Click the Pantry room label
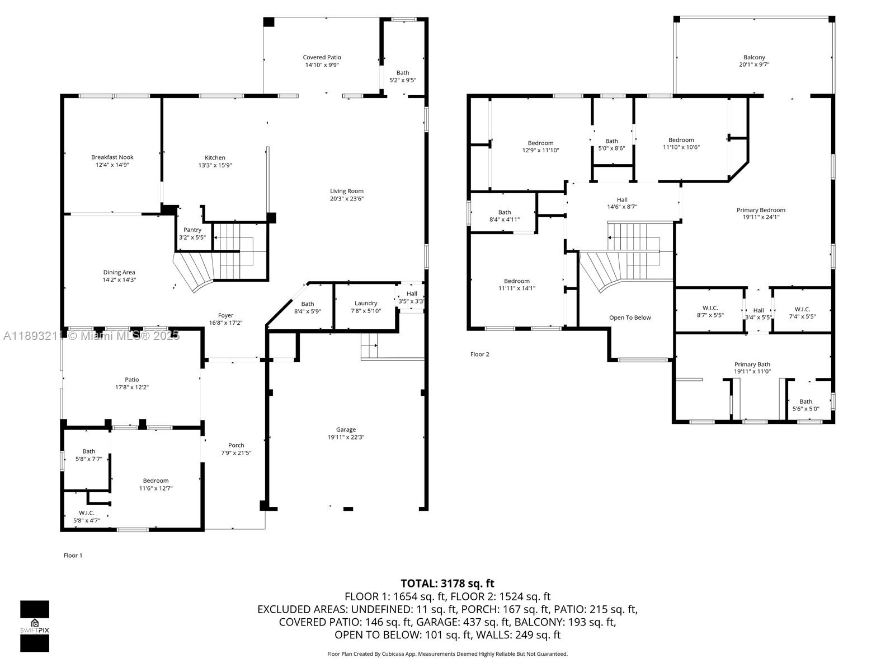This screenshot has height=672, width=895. coord(192,230)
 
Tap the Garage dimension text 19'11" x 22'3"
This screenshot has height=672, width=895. coord(346,437)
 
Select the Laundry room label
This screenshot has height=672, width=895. coord(366,304)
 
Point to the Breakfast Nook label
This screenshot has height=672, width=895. coord(112,157)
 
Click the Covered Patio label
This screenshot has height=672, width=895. coord(322,57)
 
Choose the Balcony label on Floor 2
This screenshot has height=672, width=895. coord(754,57)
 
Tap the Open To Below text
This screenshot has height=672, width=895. coord(630,318)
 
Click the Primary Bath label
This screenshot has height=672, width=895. coord(752,364)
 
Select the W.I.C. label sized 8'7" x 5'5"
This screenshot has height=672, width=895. coord(710,309)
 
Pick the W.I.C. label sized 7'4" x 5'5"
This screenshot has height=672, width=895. coord(802,309)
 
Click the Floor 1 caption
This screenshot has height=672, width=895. coord(73,556)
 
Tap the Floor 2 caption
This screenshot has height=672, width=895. coord(479,354)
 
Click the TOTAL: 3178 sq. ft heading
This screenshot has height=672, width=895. coord(447,584)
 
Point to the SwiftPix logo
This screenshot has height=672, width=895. coord(35,626)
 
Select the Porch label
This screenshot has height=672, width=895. coord(236,445)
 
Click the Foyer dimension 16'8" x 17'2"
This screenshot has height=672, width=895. coord(225,323)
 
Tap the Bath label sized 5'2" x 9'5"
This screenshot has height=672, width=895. coord(403,73)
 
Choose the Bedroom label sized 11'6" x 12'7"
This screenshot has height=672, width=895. coord(156,480)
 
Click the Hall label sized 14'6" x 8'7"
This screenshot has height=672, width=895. coord(622,199)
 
